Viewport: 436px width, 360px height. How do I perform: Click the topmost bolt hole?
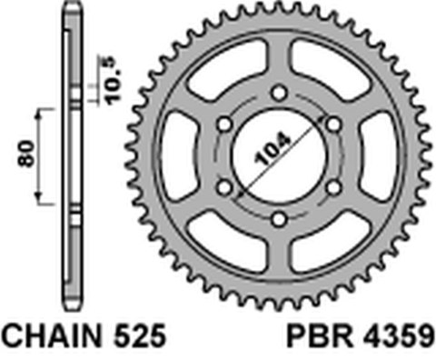278,88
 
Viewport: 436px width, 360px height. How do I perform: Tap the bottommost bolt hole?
278,218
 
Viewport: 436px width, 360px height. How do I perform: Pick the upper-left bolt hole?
222,121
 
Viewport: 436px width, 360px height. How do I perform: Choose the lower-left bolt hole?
222,185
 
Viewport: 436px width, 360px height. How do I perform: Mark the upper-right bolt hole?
334,121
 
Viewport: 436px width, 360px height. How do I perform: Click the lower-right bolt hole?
334,185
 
